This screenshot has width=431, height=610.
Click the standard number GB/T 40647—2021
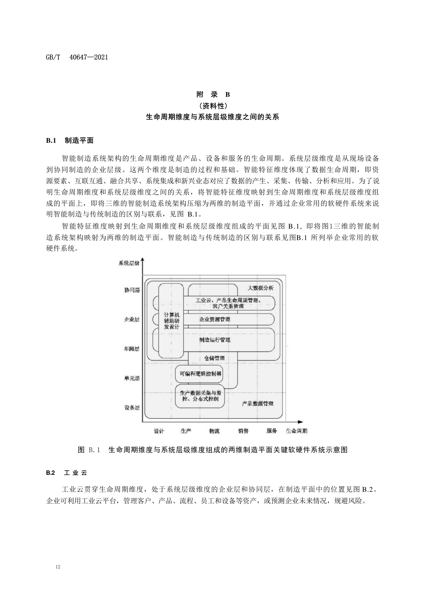[x=77, y=57]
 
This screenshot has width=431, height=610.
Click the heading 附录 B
[x=213, y=94]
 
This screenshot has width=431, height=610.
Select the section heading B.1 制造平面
[x=70, y=140]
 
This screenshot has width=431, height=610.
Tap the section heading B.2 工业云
[x=66, y=473]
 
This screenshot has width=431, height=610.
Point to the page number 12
[x=58, y=567]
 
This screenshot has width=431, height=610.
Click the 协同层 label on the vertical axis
[x=132, y=290]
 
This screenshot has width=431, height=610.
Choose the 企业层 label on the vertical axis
[x=132, y=319]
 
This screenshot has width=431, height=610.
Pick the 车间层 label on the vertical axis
[x=132, y=349]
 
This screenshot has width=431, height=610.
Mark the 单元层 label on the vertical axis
[x=132, y=379]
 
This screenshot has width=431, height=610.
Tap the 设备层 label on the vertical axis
[x=132, y=408]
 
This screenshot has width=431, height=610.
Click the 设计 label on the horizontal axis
[x=159, y=431]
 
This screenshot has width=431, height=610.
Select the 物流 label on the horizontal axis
[x=214, y=431]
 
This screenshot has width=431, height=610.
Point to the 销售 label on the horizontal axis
[x=243, y=431]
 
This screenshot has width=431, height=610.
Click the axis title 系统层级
[x=129, y=263]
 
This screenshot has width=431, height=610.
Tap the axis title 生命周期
[x=296, y=431]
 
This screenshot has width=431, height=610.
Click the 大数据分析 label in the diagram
[x=260, y=288]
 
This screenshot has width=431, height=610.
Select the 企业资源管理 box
[x=214, y=319]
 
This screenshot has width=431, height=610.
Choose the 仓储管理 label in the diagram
[x=212, y=358]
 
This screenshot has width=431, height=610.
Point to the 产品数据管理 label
[x=258, y=404]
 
